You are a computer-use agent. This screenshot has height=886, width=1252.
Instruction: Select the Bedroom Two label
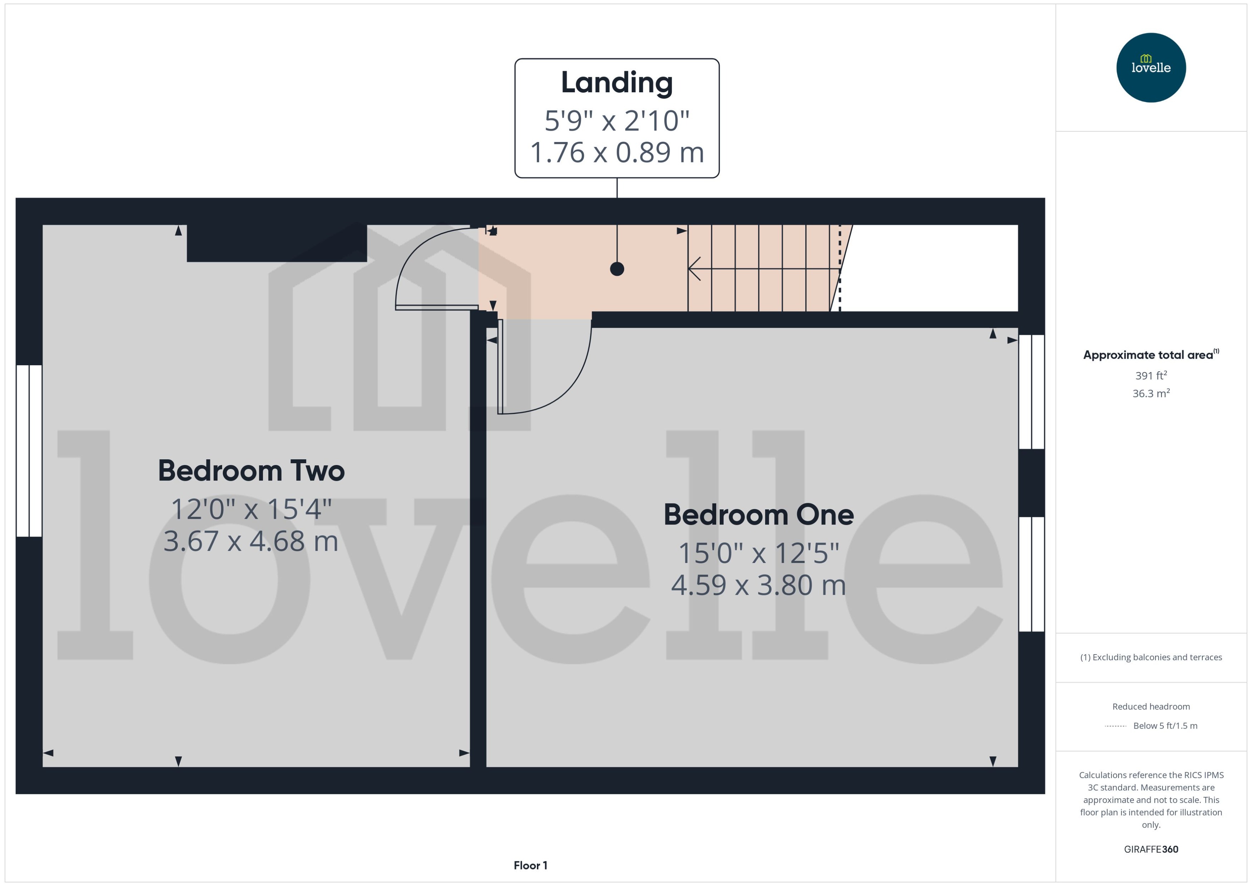(251, 470)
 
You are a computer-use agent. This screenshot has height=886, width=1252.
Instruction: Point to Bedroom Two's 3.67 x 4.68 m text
(251, 541)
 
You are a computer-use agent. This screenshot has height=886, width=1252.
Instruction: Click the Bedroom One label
(758, 514)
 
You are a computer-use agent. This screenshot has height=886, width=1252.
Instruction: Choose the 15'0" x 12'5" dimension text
(758, 553)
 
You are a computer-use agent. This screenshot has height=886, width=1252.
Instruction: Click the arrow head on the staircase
(694, 268)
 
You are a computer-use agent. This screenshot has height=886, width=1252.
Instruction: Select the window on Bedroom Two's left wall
(29, 451)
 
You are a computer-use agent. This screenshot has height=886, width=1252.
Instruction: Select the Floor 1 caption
(530, 865)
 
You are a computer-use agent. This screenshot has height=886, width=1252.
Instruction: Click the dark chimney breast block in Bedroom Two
(277, 243)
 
